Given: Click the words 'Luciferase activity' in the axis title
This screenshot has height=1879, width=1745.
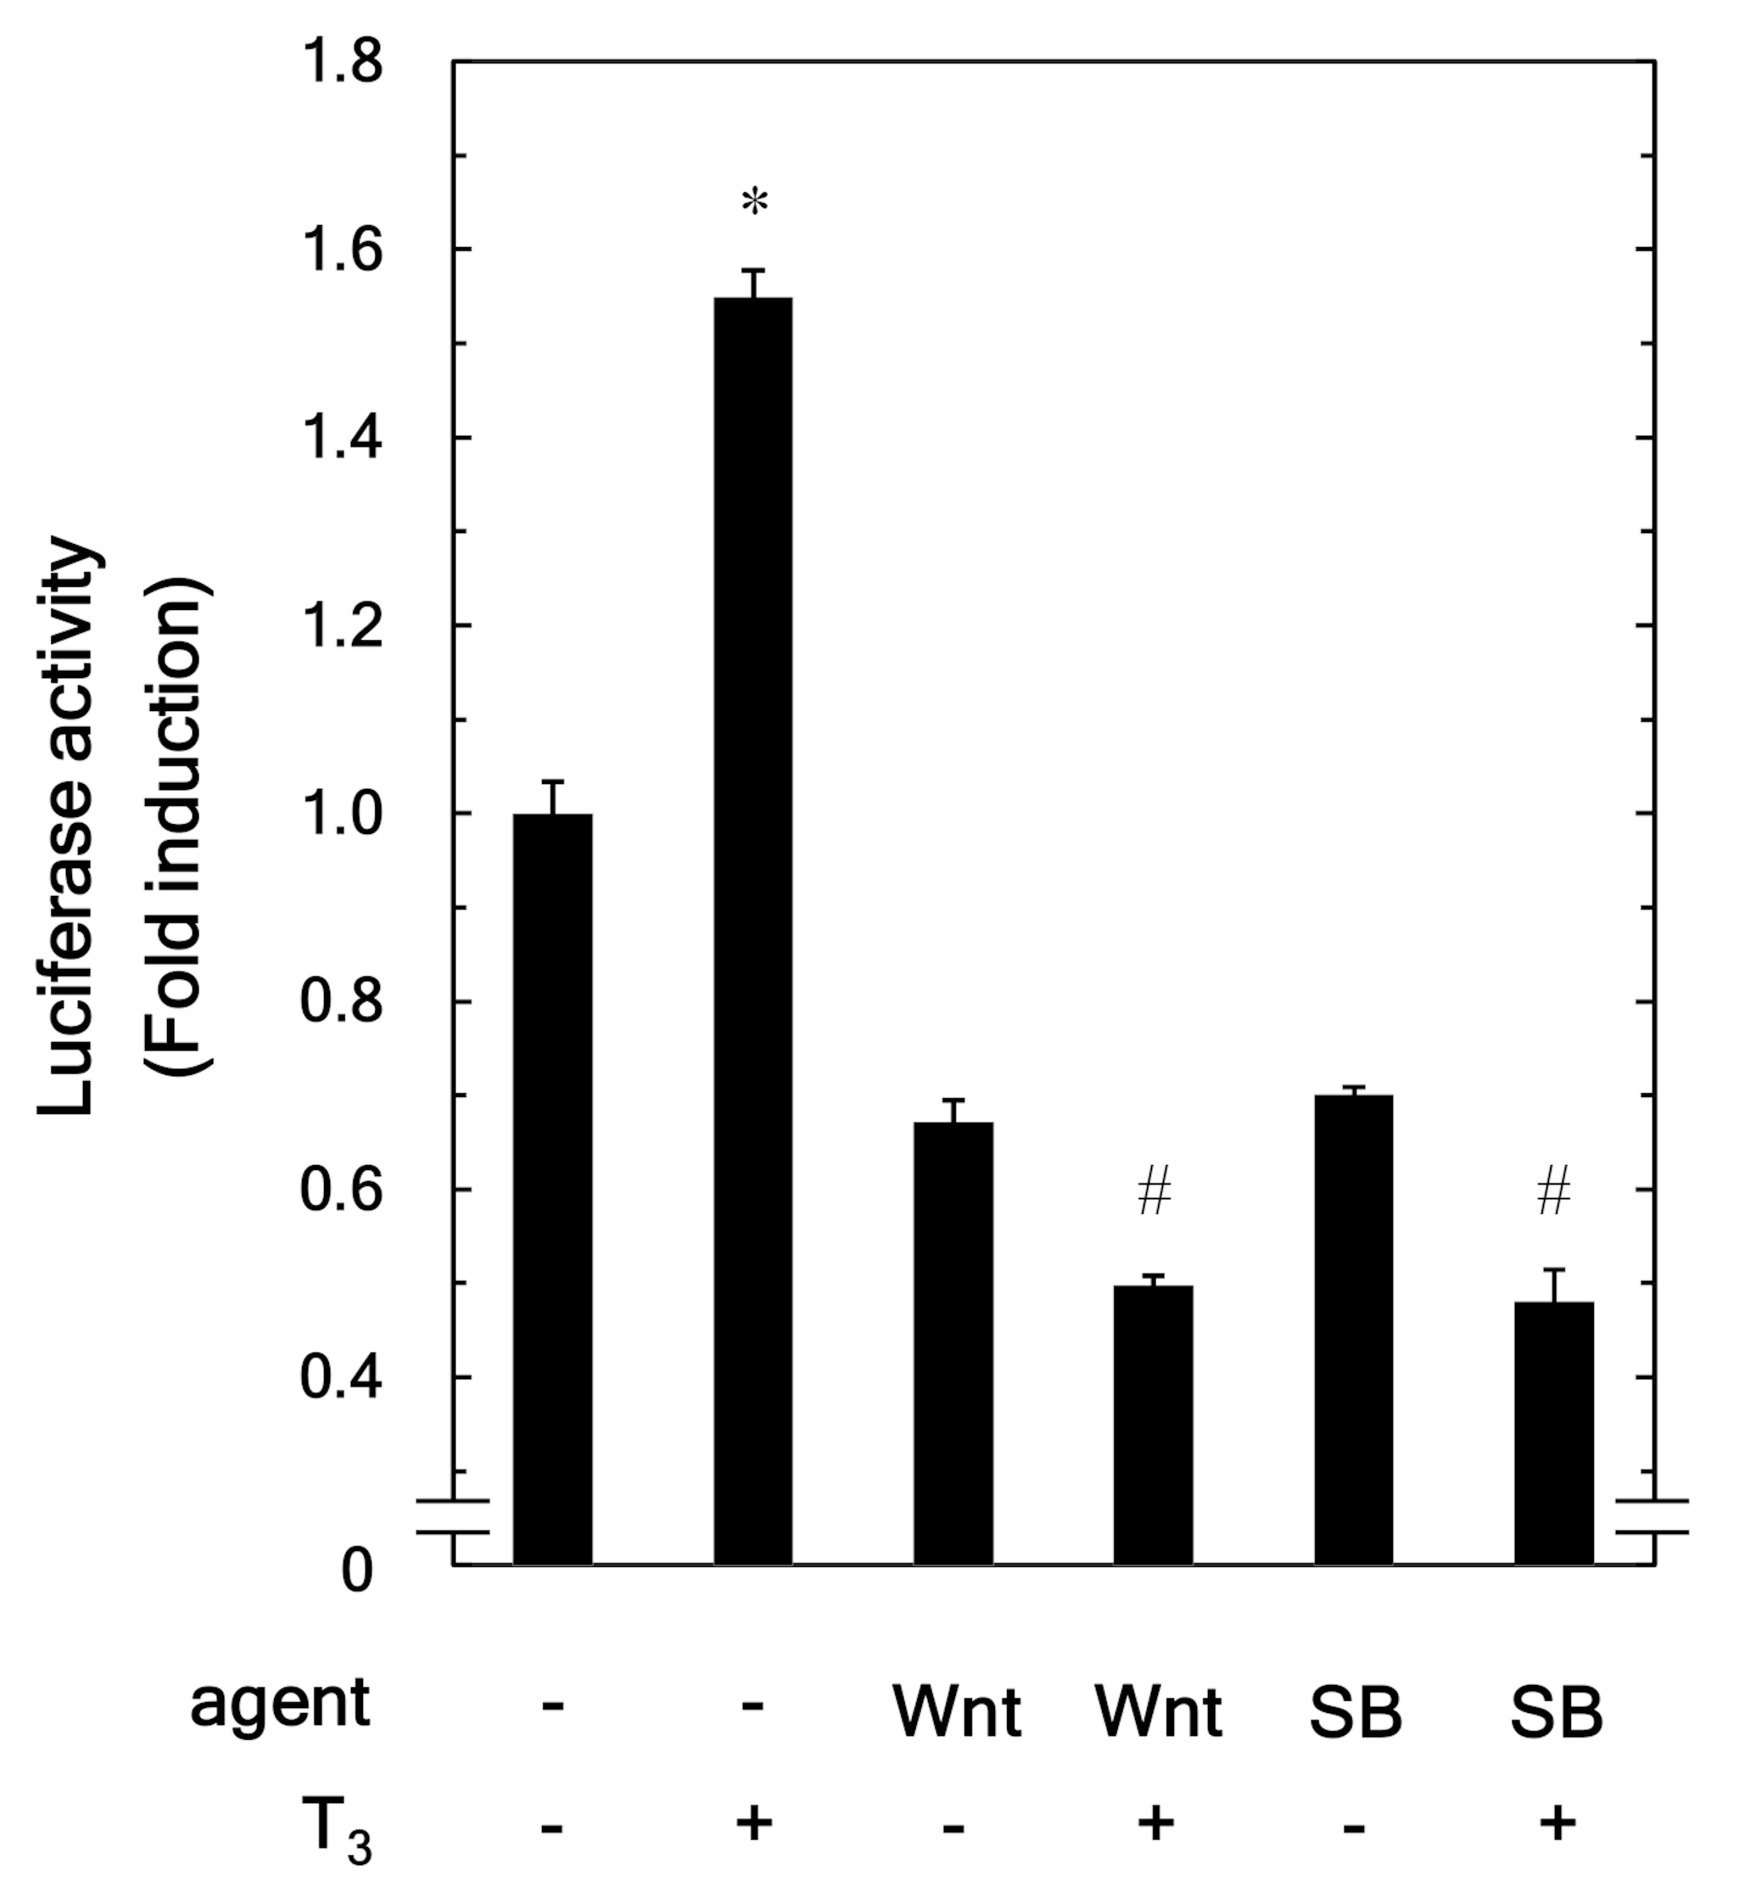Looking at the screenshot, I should pos(68,826).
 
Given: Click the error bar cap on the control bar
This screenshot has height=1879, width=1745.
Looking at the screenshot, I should pos(552,782).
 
